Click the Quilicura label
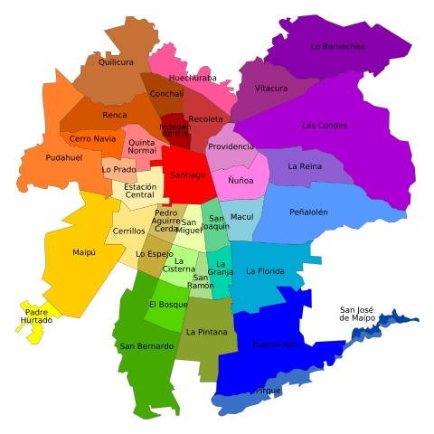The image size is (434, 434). pos(116,62)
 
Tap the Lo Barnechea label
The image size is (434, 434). pos(337,46)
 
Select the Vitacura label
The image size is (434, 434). pos(271,89)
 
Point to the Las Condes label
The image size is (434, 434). pos(324,126)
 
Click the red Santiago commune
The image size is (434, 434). pos(187,175)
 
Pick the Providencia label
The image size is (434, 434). pos(231,146)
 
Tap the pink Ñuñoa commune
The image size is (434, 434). pos(241,181)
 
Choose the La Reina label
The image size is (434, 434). pos(305,166)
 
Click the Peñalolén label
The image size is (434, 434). pos(308,212)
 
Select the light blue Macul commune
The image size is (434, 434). pos(241,217)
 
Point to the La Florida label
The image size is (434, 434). pos(265,271)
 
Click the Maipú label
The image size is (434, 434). pos(84,252)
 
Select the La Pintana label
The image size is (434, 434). pos(207,332)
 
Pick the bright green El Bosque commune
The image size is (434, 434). pos(168,305)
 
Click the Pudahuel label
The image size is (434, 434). pos(64,157)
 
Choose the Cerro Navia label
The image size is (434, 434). pos(93,138)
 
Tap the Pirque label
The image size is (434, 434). pos(269,391)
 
